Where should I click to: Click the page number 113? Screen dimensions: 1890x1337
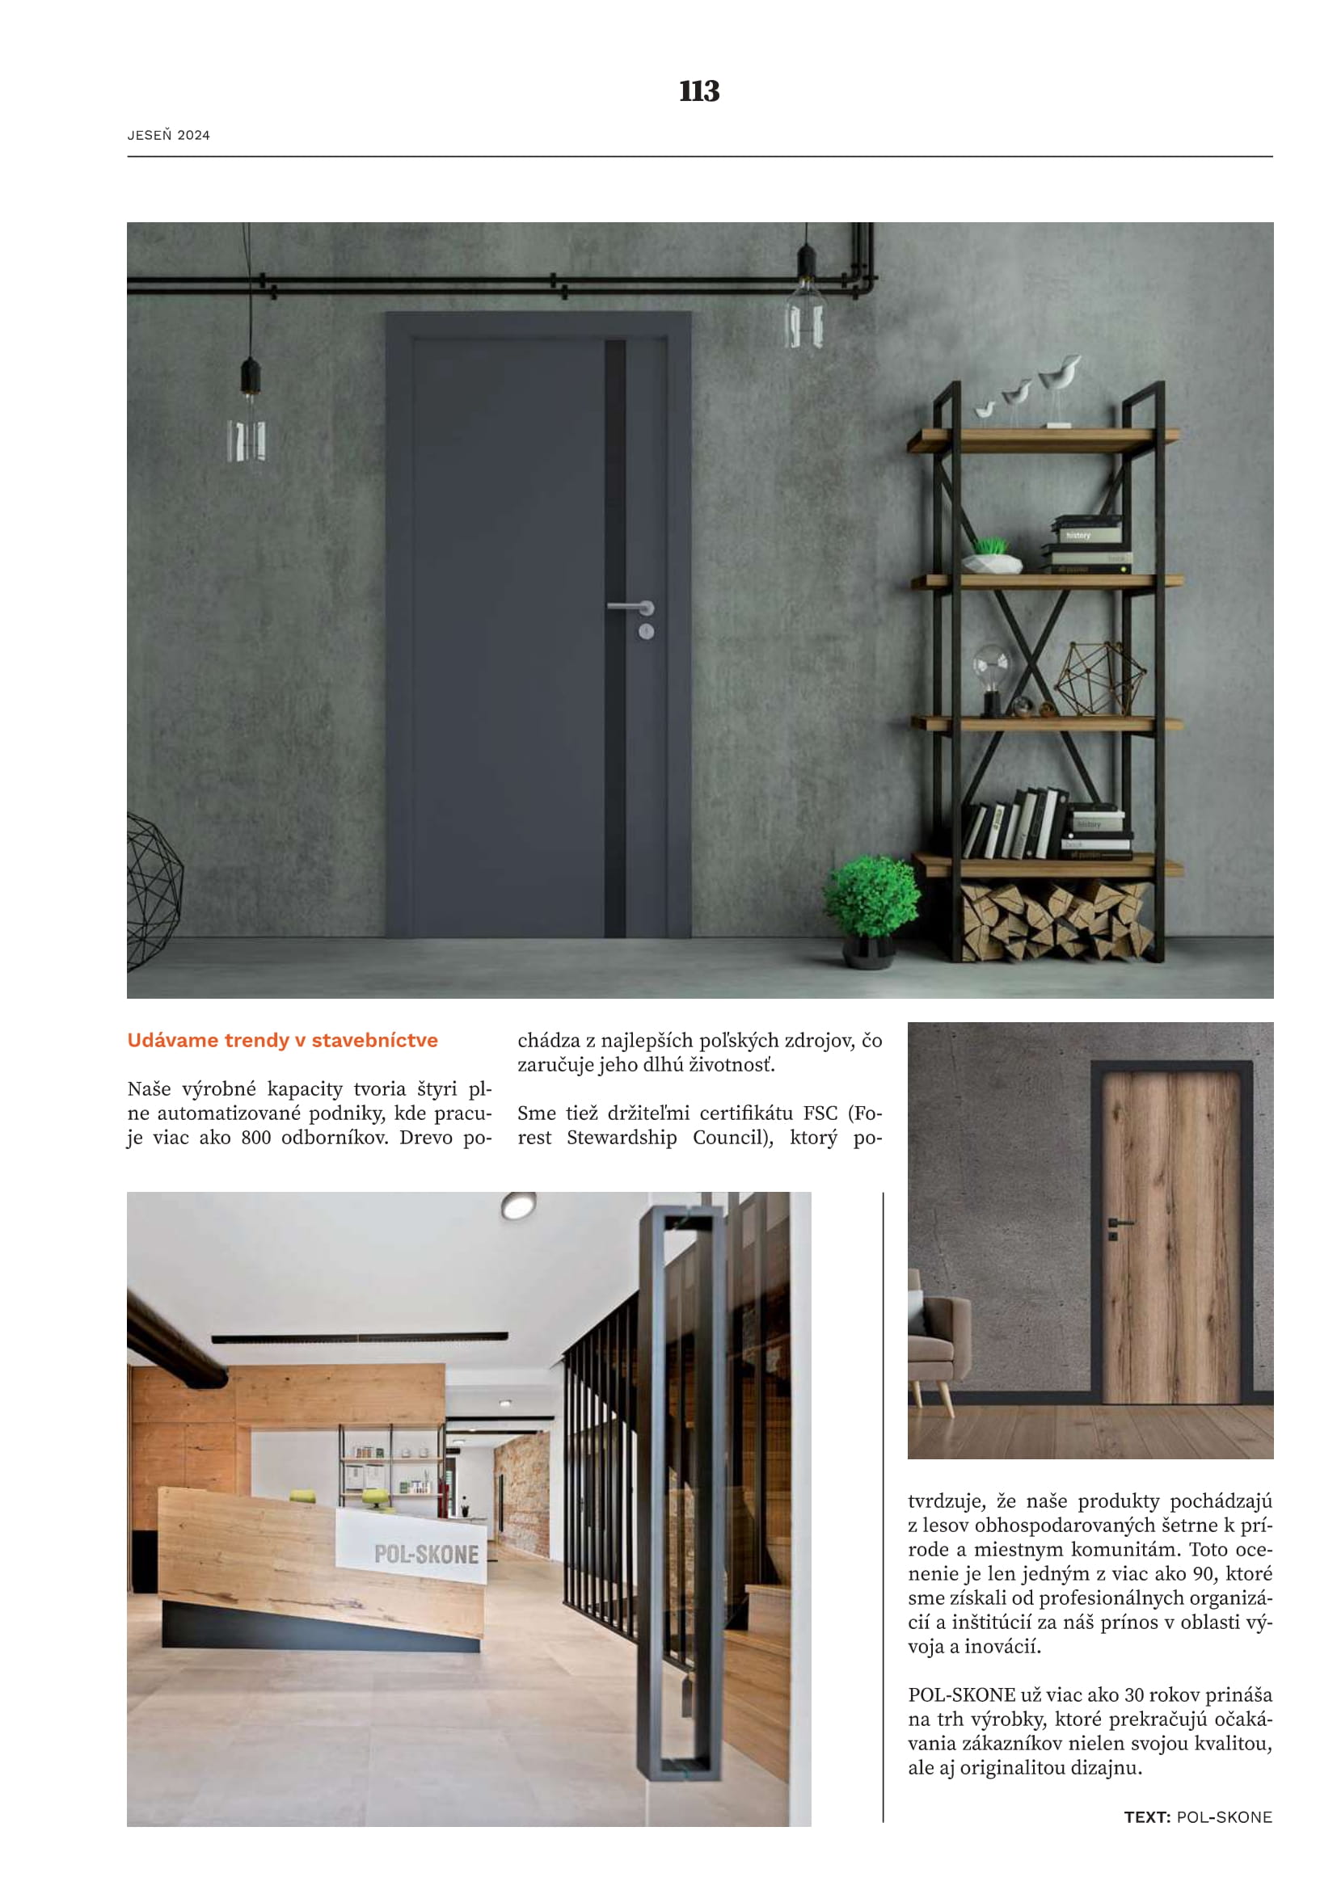(x=699, y=91)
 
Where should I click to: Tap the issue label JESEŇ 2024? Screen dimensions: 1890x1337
(x=169, y=136)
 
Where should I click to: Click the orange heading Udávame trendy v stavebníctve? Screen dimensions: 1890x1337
(x=282, y=1041)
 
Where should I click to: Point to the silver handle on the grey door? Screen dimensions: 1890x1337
(x=630, y=608)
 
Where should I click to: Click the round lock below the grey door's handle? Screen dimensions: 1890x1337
(x=647, y=631)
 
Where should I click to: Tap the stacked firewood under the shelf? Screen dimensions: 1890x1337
(x=1057, y=920)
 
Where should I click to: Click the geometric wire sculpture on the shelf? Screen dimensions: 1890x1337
(x=1101, y=677)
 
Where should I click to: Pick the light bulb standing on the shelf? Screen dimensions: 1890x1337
(x=990, y=673)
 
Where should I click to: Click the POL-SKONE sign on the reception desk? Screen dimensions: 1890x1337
(x=426, y=1554)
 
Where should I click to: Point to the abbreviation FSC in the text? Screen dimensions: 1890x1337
(x=820, y=1113)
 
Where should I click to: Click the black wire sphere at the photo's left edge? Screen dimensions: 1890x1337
(x=152, y=889)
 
